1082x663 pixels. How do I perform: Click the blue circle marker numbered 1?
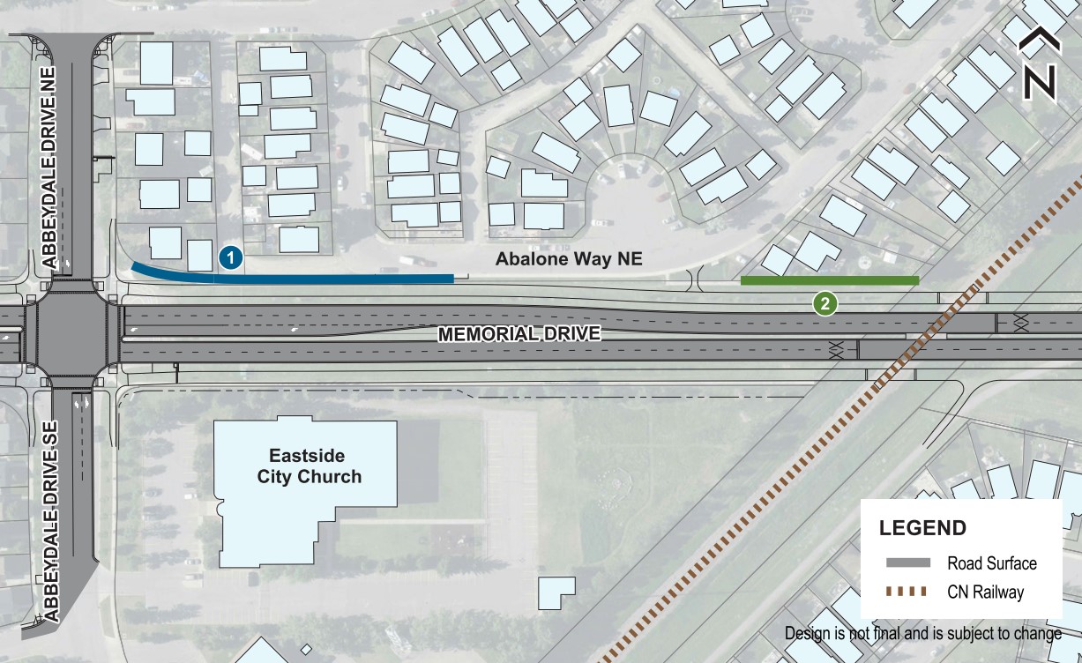click(229, 258)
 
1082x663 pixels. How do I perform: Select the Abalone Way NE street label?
click(568, 259)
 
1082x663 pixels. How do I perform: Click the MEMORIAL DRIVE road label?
click(519, 334)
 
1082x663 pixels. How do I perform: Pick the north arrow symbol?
click(1040, 65)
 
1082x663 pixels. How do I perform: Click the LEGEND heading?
click(922, 529)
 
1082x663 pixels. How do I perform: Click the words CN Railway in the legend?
click(986, 592)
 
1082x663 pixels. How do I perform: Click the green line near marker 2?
click(829, 280)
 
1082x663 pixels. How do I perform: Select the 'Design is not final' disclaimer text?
click(922, 634)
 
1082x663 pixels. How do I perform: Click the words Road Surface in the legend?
click(992, 563)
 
